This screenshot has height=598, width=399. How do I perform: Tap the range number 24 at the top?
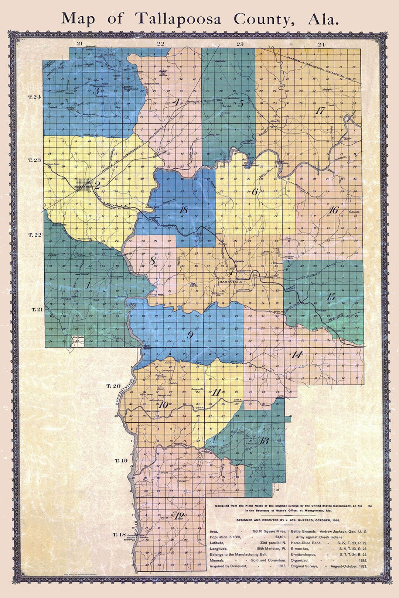(x=321, y=44)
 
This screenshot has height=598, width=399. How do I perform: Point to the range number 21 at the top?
(x=79, y=44)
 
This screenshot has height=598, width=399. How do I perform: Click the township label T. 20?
(x=113, y=386)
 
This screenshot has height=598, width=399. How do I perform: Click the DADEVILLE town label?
(x=230, y=281)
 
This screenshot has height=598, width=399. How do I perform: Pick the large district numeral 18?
(x=183, y=210)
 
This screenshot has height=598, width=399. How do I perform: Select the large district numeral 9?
(x=190, y=335)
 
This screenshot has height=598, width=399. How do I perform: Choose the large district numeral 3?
(x=96, y=91)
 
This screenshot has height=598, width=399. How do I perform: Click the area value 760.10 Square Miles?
(x=269, y=531)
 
